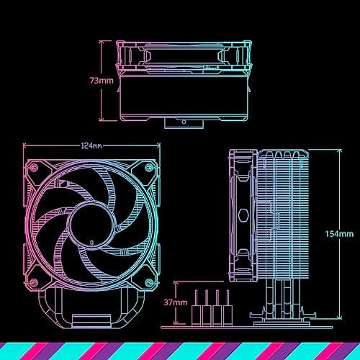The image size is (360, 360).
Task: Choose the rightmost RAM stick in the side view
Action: pos(227,305)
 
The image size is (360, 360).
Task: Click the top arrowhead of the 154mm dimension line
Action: pos(338,151)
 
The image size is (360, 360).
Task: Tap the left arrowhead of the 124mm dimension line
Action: pos(26,150)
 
